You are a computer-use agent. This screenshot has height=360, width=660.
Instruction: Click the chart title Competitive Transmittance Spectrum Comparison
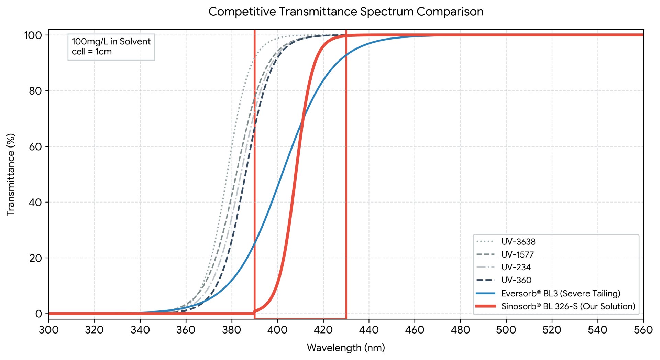tap(346, 12)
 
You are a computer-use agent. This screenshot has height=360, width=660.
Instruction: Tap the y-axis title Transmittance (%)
tap(11, 175)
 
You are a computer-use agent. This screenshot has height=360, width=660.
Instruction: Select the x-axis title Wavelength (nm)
tap(346, 348)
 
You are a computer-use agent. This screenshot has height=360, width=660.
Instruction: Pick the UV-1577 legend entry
tap(505, 254)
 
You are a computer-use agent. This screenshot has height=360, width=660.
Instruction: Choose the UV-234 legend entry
tap(504, 267)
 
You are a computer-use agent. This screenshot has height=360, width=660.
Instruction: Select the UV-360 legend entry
tap(504, 280)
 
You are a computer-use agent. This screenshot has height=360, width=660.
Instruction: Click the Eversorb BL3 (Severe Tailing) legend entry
tap(548, 293)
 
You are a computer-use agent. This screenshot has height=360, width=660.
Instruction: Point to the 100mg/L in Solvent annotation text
tap(111, 42)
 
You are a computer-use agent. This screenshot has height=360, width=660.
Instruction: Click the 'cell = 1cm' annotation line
tap(92, 52)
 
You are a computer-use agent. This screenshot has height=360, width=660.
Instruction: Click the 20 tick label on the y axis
tap(35, 258)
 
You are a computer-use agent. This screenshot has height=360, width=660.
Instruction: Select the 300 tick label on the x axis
tap(49, 330)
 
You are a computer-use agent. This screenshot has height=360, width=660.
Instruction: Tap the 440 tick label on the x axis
tap(369, 330)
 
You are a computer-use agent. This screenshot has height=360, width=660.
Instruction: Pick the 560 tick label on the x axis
tap(643, 330)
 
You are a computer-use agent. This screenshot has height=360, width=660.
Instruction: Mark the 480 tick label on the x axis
tap(460, 330)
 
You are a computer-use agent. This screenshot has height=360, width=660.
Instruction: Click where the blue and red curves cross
tap(302, 120)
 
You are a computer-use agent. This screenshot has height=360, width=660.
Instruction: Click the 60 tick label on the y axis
tap(35, 146)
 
